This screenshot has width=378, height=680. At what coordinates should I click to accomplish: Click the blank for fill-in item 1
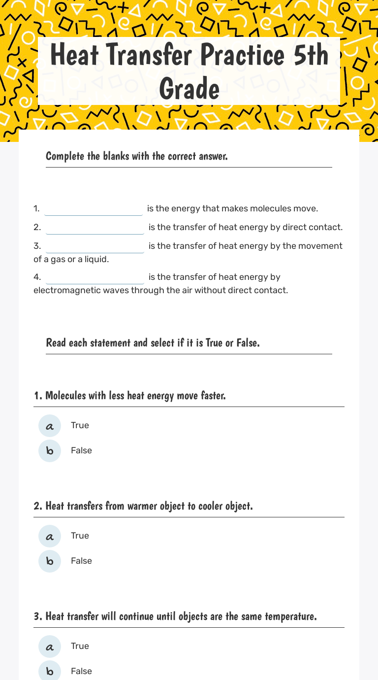[x=94, y=209]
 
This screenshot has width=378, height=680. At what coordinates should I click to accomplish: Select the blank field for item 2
[x=95, y=228]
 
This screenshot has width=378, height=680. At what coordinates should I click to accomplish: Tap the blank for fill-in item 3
[x=95, y=246]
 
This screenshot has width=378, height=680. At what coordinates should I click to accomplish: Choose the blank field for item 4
[x=95, y=277]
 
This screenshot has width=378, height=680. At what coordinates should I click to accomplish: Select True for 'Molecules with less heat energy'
[x=50, y=426]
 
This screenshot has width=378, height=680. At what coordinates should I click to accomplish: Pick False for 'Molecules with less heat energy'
[x=50, y=451]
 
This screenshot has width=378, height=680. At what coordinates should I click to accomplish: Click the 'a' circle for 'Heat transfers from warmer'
[x=50, y=536]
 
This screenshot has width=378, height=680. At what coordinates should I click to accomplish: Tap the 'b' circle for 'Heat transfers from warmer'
[x=50, y=561]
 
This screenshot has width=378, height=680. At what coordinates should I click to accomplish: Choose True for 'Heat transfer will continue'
[x=50, y=646]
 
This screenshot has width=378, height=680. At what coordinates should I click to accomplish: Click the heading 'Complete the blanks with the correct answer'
[x=137, y=156]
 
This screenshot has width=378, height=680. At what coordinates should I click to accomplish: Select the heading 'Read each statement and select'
[x=153, y=342]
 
